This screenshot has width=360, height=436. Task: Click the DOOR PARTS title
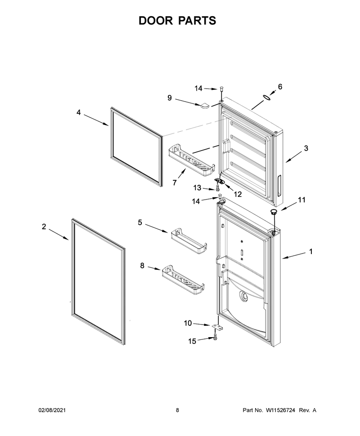pos(177,21)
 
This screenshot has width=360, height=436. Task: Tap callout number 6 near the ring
pos(280,87)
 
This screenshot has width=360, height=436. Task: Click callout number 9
pos(170,98)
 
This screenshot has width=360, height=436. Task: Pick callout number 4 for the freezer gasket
pos(78,112)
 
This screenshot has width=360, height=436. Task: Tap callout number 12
pos(238,194)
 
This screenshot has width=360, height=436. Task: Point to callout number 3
pos(306,148)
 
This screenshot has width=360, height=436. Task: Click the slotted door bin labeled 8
pos(183,280)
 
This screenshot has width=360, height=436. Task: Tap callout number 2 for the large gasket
pos(44,227)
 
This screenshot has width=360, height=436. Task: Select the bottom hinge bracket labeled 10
pos(217,328)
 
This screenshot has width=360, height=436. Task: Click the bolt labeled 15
pos(215,337)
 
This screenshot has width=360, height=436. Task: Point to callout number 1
pos(310,251)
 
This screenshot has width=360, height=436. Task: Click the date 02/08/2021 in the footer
pos(52,410)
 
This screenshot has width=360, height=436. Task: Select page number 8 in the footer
pos(177,410)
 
